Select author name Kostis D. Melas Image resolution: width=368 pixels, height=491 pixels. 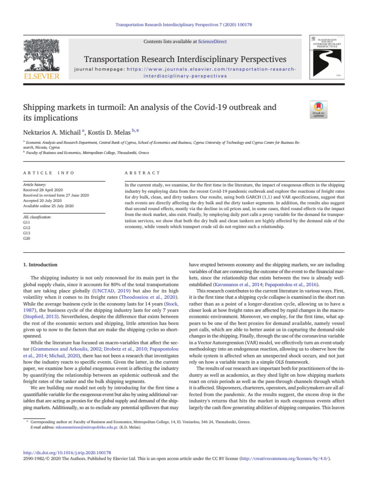tap(108, 131)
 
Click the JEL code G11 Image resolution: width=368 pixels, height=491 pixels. tap(26, 223)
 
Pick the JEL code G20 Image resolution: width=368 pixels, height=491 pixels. tap(26, 238)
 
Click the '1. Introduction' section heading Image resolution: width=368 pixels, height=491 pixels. tap(41, 265)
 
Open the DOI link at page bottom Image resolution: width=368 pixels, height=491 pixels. tap(67, 452)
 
